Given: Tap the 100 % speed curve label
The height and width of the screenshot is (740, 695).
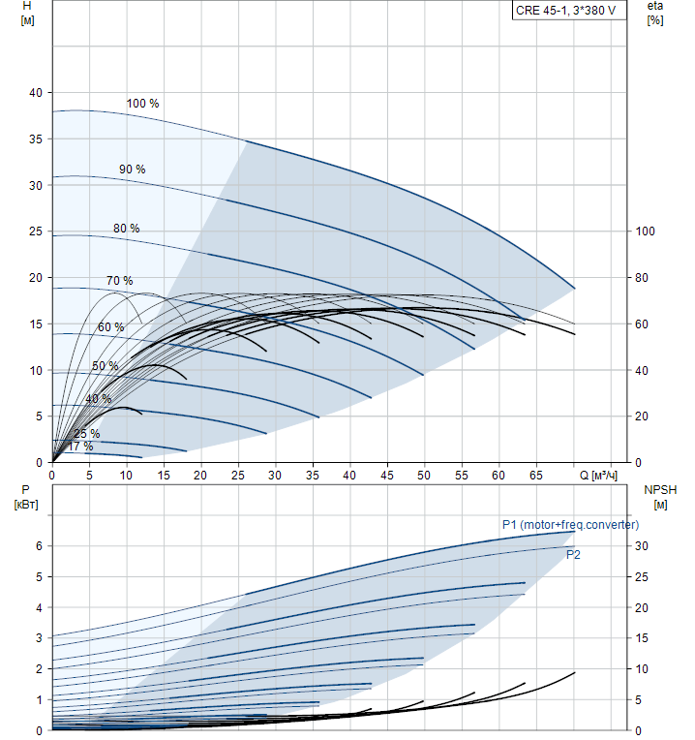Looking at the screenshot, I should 142,104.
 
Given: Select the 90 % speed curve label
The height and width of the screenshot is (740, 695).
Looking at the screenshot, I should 133,170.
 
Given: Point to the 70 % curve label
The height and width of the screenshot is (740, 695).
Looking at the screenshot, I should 120,281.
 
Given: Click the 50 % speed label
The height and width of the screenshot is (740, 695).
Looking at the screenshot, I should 106,366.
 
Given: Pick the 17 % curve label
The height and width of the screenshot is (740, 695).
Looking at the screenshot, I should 80,447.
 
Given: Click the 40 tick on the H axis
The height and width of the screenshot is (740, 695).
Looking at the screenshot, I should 37,93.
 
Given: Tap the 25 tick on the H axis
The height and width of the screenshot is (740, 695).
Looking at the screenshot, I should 37,231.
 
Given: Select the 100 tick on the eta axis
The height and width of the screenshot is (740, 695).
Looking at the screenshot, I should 645,231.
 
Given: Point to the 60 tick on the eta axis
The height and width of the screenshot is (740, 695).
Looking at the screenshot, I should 642,324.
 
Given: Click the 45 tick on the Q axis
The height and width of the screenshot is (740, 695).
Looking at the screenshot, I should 387,476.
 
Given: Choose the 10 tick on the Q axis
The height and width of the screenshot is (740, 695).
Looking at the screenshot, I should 126,476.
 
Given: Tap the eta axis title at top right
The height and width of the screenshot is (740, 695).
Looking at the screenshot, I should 655,13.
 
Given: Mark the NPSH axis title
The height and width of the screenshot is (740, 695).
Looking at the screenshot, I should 660,496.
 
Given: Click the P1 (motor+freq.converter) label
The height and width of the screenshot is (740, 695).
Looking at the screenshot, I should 570,525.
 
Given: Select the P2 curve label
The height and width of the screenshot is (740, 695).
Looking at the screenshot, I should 573,555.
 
